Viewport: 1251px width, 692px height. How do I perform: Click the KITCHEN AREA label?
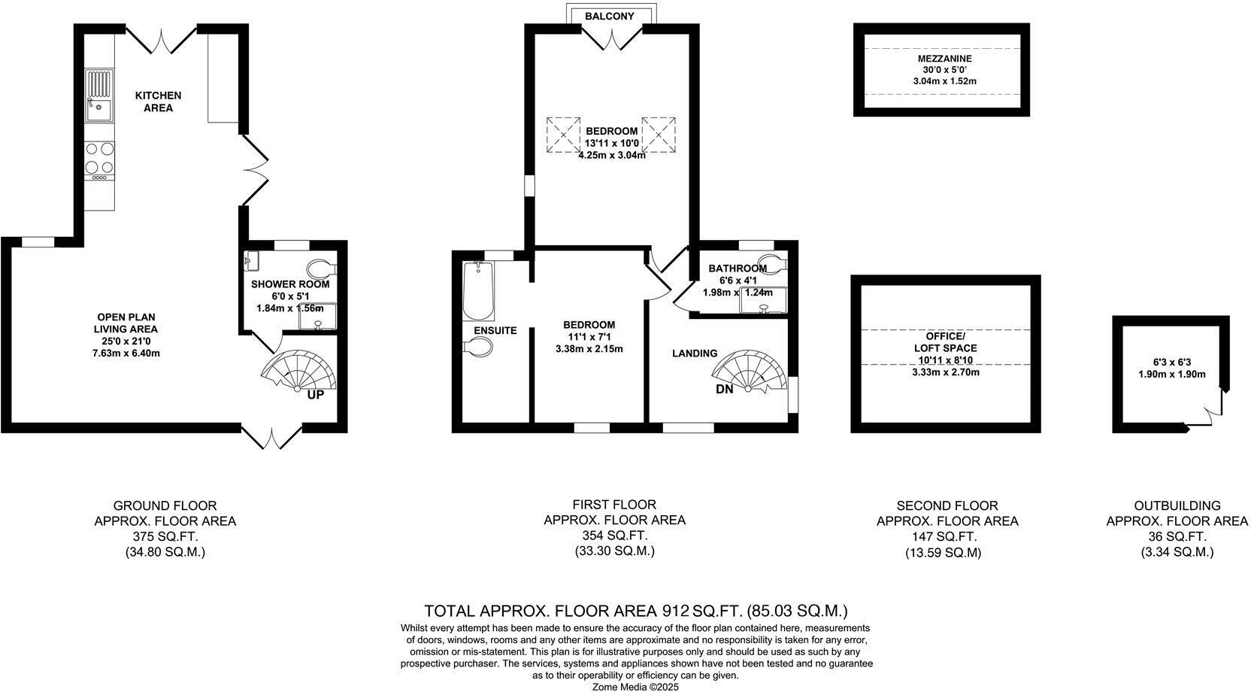(x=158, y=102)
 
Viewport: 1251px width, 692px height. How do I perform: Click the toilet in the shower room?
(x=321, y=268)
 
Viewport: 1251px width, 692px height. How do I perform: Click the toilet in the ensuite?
(x=478, y=347)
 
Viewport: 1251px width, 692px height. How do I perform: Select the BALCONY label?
(x=610, y=16)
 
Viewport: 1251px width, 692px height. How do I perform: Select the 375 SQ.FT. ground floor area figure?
(x=165, y=536)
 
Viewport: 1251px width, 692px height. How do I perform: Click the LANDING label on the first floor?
(x=694, y=353)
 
